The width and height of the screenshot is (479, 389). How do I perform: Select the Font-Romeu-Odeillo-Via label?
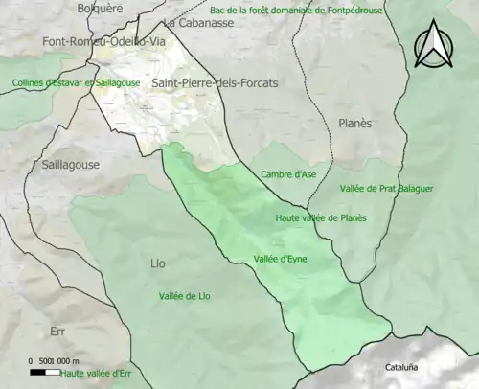coord(103,42)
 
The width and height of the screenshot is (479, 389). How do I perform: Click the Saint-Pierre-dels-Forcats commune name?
coord(214,83)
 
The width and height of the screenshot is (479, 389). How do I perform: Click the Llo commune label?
coord(158,263)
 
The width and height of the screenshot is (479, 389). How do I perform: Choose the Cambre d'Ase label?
coord(288,174)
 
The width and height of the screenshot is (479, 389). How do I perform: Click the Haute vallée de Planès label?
coord(321,217)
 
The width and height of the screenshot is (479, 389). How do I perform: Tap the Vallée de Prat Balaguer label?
coord(386,189)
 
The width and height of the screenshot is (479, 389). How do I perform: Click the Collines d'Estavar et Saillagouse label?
coord(77,83)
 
